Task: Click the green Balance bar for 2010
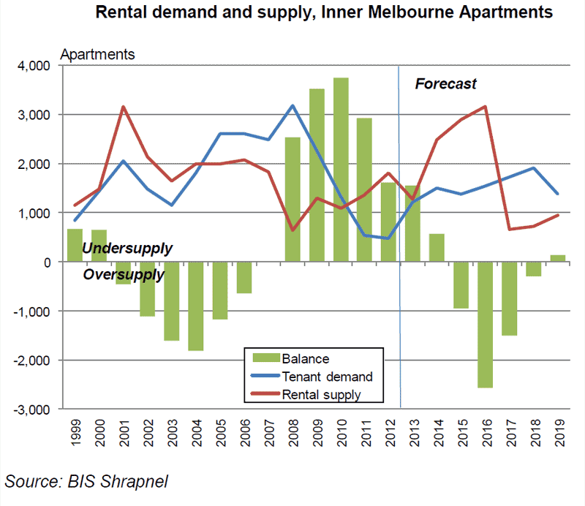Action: tap(341, 170)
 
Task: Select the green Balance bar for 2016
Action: tap(485, 325)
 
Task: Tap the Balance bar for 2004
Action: tap(195, 306)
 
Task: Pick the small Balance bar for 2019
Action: tap(557, 257)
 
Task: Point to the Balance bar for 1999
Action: tap(75, 245)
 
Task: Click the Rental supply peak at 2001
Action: tap(123, 107)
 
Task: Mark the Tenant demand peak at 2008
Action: tap(292, 105)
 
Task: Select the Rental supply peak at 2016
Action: tap(485, 107)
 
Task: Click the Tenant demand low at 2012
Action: tap(388, 238)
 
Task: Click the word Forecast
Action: tap(446, 84)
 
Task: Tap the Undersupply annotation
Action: tap(128, 249)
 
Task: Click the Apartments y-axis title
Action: tap(97, 55)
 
